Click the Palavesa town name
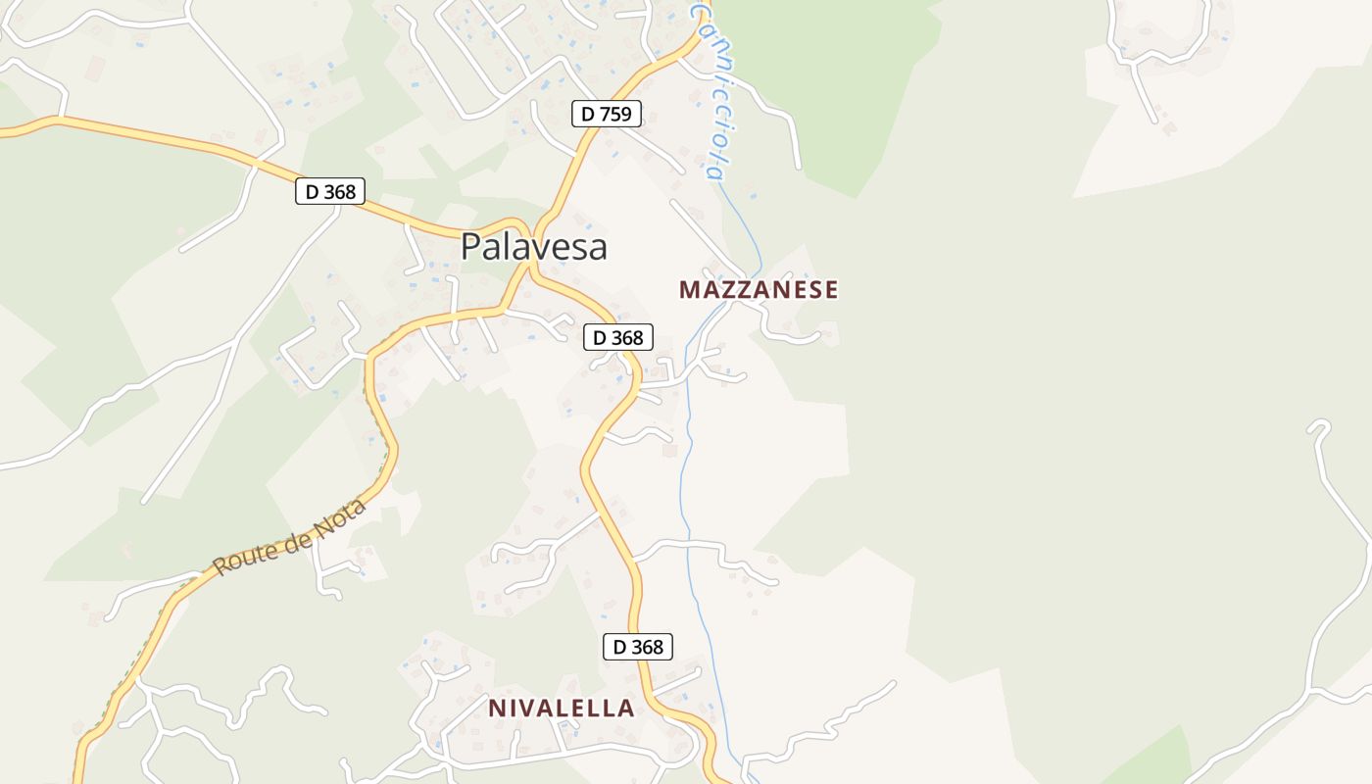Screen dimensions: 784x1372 (x=534, y=247)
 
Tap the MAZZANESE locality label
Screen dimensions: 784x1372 (x=759, y=289)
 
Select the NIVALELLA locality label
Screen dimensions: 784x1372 (x=562, y=708)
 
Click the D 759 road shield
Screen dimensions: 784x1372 (x=607, y=114)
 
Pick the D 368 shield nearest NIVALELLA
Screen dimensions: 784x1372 (x=637, y=647)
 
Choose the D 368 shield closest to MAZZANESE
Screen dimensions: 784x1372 (x=618, y=337)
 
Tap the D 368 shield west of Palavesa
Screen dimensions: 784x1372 (x=330, y=191)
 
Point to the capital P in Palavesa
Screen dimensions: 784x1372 (x=471, y=247)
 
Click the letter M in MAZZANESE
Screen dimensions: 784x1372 (x=690, y=289)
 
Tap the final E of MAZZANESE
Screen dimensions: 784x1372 (x=831, y=289)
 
